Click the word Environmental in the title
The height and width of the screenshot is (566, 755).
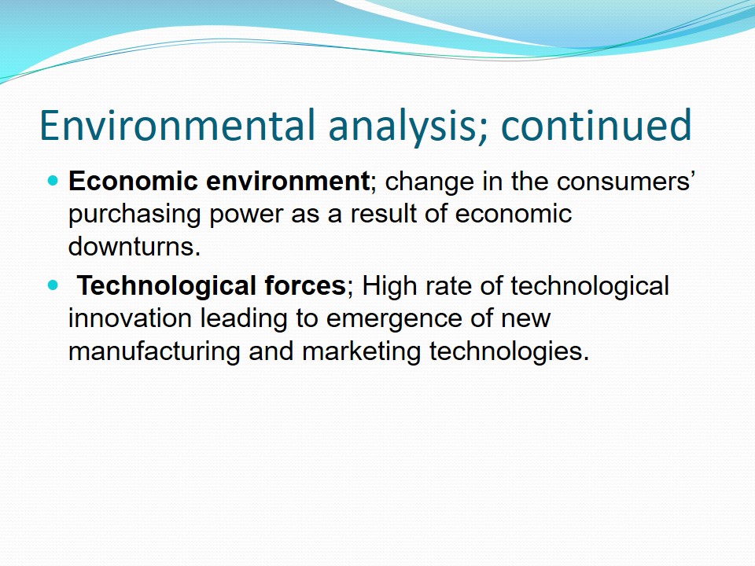pyautogui.click(x=177, y=125)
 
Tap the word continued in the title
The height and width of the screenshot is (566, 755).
pyautogui.click(x=596, y=125)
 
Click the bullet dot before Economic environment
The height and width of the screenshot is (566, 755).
pyautogui.click(x=53, y=181)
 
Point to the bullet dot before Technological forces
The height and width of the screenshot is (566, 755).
pyautogui.click(x=53, y=285)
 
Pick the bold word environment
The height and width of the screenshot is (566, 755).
pyautogui.click(x=289, y=182)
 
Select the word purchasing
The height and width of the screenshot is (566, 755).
pyautogui.click(x=134, y=215)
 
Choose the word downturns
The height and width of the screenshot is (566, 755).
pyautogui.click(x=134, y=246)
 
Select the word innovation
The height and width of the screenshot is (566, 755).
pyautogui.click(x=130, y=318)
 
